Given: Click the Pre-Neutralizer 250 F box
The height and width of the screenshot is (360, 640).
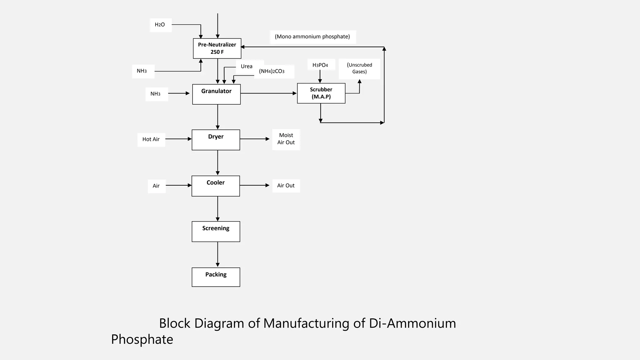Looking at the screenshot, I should pos(217,48).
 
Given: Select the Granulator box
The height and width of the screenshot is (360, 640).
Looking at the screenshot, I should pos(216,94).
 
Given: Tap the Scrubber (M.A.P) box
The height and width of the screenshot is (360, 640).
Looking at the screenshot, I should pos(321,93).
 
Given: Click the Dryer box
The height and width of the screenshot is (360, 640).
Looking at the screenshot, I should pos(216,140).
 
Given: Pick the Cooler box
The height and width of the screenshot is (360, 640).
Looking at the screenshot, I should pos(216,186).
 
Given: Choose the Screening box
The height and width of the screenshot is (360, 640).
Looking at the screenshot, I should pos(216,232).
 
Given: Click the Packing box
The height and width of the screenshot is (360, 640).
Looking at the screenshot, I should pos(216,277).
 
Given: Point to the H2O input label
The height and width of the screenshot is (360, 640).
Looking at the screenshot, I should pos(160,25).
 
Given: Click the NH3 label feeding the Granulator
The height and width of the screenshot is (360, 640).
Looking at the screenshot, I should pos(156,94).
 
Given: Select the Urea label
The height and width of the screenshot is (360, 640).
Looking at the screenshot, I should pos(247,66).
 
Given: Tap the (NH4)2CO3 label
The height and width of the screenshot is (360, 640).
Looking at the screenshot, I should pos(272,71).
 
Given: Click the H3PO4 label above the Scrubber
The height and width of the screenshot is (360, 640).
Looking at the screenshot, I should pos(320,65).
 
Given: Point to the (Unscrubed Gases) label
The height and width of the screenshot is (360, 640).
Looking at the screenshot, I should pos(359,68).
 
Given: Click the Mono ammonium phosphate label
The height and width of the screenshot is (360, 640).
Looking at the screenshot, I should pos(312,37).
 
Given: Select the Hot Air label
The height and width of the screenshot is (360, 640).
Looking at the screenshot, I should pos(151,139).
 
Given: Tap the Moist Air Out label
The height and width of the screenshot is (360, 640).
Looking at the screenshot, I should pos(286,139).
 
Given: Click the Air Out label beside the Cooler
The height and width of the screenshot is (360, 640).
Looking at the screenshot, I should pos(286,186).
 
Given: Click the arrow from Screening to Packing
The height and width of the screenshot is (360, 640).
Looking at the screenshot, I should pos(217,254).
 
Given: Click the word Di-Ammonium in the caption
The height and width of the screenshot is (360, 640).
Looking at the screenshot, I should pos(412,323).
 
